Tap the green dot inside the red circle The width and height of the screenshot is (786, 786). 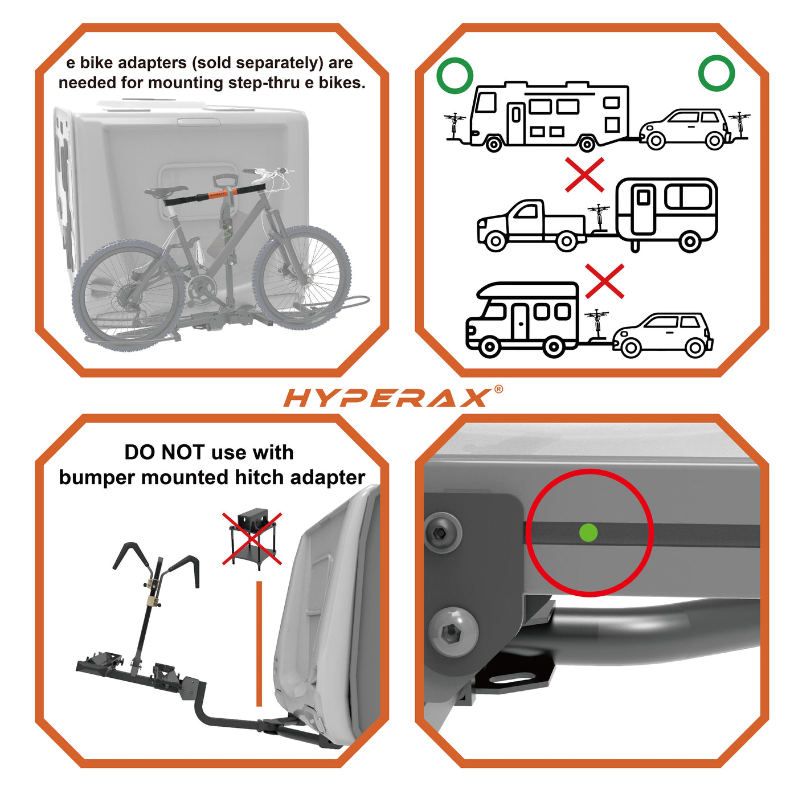[x=588, y=533]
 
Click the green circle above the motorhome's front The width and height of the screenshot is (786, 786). [x=455, y=75]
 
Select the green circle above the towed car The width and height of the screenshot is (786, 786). [x=717, y=73]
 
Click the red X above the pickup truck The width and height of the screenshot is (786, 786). [x=584, y=175]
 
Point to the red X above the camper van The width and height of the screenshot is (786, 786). [x=604, y=281]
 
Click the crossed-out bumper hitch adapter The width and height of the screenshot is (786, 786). [x=252, y=538]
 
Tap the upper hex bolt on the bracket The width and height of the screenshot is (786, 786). [x=443, y=533]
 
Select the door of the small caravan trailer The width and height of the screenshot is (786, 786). [x=643, y=209]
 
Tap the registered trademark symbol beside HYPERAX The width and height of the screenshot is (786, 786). [x=498, y=389]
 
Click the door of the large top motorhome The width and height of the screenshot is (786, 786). [x=516, y=123]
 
